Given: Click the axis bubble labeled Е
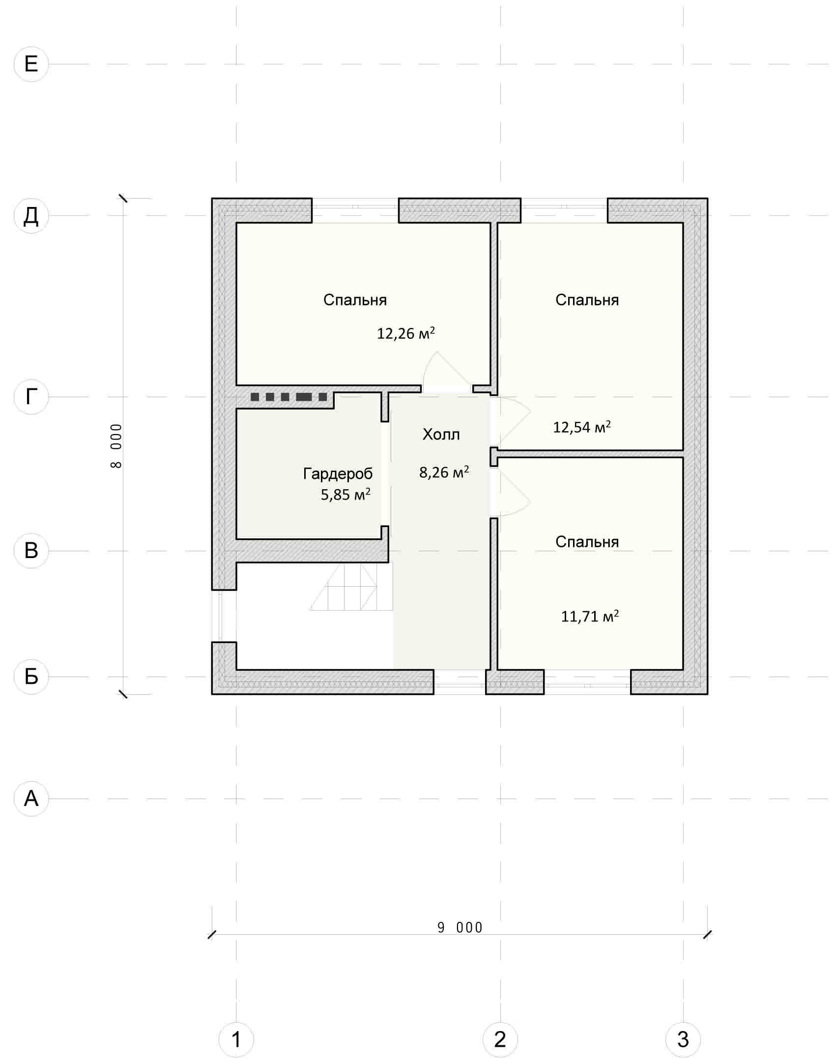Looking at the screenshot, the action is [x=31, y=64].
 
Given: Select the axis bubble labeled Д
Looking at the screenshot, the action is [x=31, y=215].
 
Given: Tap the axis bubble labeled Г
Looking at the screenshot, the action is [x=31, y=397].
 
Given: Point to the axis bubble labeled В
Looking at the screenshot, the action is [x=31, y=551].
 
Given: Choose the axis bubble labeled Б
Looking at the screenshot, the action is [x=31, y=677].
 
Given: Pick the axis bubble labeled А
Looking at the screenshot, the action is [x=31, y=798].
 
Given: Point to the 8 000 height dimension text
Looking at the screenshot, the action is [x=116, y=446].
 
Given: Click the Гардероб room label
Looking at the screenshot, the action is [x=338, y=474].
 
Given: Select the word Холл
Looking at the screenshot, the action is [x=441, y=434].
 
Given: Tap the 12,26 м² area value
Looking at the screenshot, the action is [x=406, y=333].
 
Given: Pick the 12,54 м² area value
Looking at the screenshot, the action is [x=582, y=427].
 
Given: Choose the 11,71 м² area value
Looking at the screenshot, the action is [x=590, y=616].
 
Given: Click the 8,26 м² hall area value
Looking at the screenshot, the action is [x=444, y=472].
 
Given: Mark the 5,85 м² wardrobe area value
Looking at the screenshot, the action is [x=345, y=494].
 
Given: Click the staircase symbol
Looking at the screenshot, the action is [x=351, y=586].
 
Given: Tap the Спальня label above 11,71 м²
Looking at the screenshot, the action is [x=587, y=542].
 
